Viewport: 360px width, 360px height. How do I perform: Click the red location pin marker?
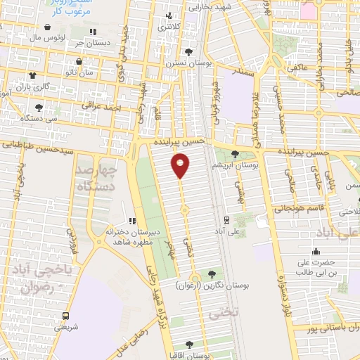tap(180, 166)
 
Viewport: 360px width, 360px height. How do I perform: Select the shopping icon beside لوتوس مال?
tap(46, 27)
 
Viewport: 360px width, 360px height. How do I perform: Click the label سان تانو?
tap(60, 73)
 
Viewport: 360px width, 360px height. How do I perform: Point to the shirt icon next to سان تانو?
tap(31, 73)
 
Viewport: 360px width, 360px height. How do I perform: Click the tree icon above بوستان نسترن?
tap(188, 51)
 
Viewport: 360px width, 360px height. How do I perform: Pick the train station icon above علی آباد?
tap(226, 219)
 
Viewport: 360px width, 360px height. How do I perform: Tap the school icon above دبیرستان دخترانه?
tap(131, 221)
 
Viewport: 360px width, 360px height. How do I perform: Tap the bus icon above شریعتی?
tap(65, 316)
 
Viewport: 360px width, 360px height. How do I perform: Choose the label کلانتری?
tap(167, 27)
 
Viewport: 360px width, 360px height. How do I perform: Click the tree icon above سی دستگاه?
tap(39, 108)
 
